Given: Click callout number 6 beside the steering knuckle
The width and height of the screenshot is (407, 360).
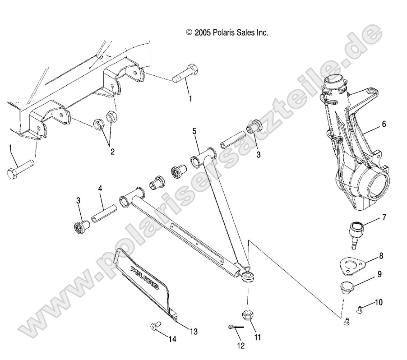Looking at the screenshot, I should coord(383,124).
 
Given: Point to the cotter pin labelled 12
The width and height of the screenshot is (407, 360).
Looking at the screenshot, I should coord(236,327).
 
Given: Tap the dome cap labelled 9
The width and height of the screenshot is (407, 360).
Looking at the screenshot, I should coord(347,287).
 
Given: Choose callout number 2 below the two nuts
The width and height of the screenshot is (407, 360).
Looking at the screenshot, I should coord(111,151).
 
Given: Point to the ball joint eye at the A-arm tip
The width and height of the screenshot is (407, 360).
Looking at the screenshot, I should coord(247,277).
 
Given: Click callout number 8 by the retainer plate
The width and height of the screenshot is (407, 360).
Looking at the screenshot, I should coord(381,256).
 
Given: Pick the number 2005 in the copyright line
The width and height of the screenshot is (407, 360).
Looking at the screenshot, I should coord(205,32).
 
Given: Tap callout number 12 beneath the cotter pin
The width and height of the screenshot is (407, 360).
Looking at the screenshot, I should coord(240,346).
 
